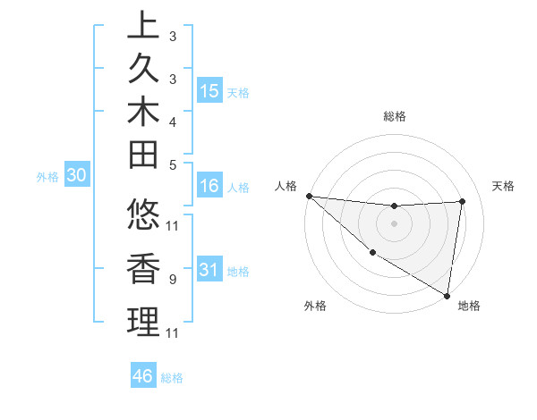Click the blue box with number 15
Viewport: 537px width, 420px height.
pyautogui.click(x=209, y=91)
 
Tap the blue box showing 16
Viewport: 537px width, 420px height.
pyautogui.click(x=209, y=187)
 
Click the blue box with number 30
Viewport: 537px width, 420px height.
pyautogui.click(x=76, y=176)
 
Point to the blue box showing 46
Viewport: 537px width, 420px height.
pyautogui.click(x=143, y=376)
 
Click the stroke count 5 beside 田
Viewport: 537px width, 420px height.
pyautogui.click(x=173, y=164)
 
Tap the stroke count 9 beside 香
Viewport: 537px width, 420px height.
pyautogui.click(x=173, y=280)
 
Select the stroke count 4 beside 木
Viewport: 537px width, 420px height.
pyautogui.click(x=173, y=121)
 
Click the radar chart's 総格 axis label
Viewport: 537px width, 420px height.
pyautogui.click(x=395, y=116)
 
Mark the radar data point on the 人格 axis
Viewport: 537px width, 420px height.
pyautogui.click(x=309, y=195)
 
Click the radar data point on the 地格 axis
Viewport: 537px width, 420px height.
pyautogui.click(x=447, y=294)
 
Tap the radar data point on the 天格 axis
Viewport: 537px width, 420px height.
pyautogui.click(x=462, y=201)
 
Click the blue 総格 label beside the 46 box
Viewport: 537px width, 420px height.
pyautogui.click(x=172, y=378)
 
